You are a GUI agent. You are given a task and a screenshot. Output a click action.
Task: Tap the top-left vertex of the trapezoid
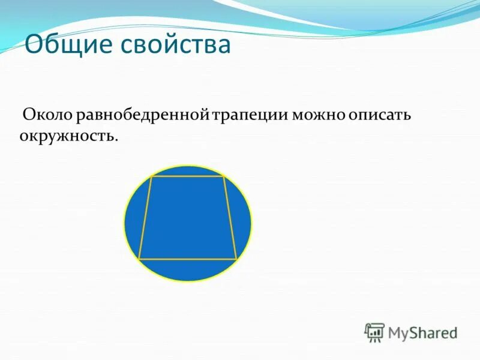click(x=151, y=177)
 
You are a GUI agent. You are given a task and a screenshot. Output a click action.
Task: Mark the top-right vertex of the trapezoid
click(x=223, y=177)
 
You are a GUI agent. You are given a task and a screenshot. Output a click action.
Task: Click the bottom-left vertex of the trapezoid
click(x=139, y=259)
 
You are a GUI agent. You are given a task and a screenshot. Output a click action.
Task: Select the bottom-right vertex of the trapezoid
click(x=236, y=259)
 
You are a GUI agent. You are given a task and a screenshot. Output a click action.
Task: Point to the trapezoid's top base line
click(x=187, y=177)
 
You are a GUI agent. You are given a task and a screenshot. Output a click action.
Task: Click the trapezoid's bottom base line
click(x=188, y=259)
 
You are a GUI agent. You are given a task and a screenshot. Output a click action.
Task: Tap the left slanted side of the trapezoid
click(x=145, y=218)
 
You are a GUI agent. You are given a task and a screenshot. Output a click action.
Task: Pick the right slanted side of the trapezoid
click(x=230, y=218)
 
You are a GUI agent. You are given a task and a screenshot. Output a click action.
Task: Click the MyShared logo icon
click(x=374, y=332)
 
